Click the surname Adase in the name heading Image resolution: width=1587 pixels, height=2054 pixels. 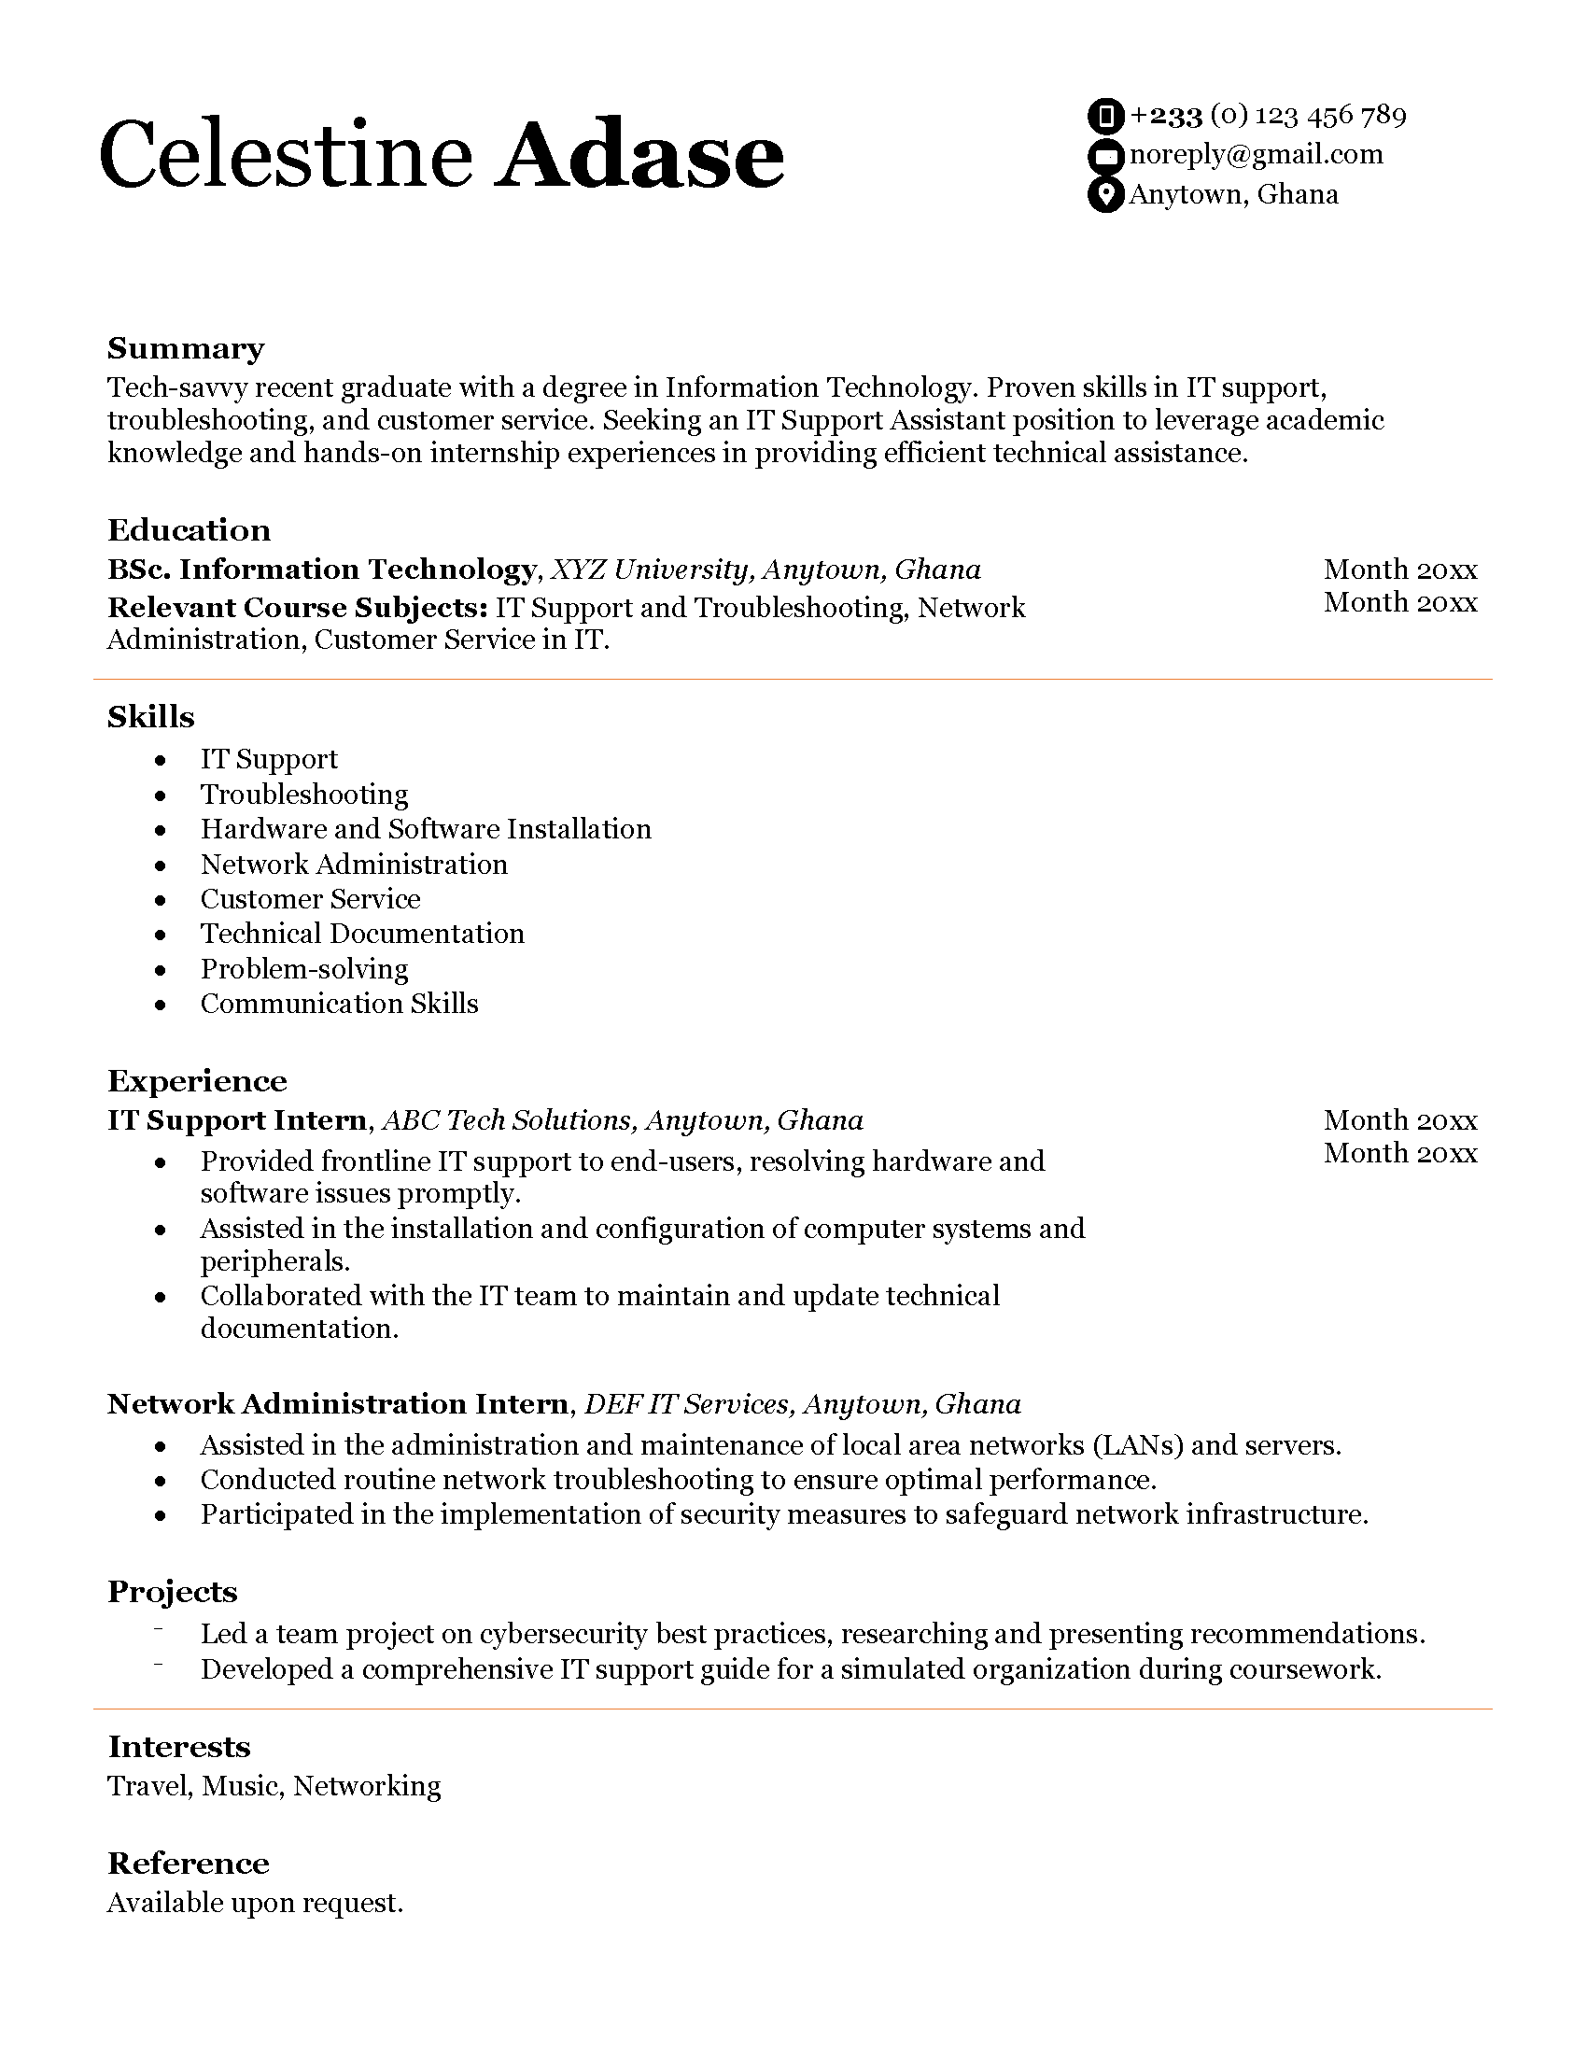pyautogui.click(x=641, y=155)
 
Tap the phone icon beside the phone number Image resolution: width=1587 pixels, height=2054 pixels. pyautogui.click(x=1105, y=116)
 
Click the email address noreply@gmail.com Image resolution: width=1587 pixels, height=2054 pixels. pyautogui.click(x=1255, y=154)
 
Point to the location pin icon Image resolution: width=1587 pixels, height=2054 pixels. pyautogui.click(x=1105, y=195)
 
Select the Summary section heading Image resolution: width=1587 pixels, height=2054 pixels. pyautogui.click(x=185, y=348)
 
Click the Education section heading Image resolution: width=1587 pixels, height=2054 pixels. pyautogui.click(x=189, y=529)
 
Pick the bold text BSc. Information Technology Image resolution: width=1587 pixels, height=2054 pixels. pyautogui.click(x=321, y=569)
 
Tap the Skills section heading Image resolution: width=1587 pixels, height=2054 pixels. pyautogui.click(x=150, y=717)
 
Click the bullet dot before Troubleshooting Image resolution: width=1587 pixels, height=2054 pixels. pyautogui.click(x=161, y=795)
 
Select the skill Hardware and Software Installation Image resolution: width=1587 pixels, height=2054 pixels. pyautogui.click(x=425, y=828)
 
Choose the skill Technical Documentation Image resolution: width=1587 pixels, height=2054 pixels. pyautogui.click(x=362, y=933)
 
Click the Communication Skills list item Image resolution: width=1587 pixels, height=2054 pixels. pyautogui.click(x=339, y=1004)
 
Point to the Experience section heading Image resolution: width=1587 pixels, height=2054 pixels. pyautogui.click(x=196, y=1080)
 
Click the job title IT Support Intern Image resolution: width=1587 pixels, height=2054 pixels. pyautogui.click(x=237, y=1120)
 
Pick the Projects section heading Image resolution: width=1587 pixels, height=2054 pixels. pyautogui.click(x=172, y=1591)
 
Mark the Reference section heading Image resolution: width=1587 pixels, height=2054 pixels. pyautogui.click(x=188, y=1864)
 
